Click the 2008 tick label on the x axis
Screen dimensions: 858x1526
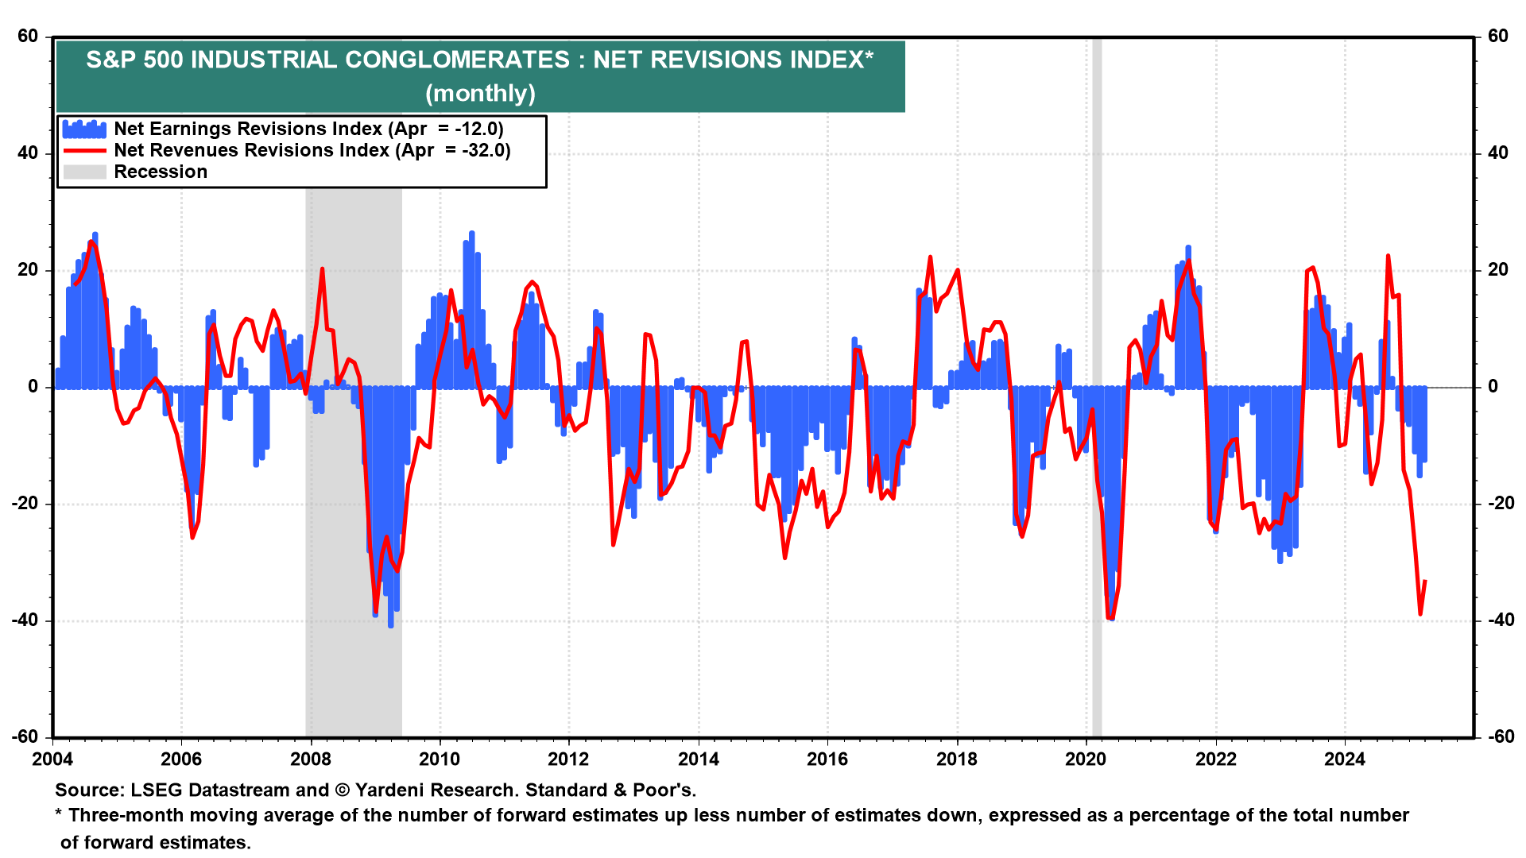pyautogui.click(x=311, y=759)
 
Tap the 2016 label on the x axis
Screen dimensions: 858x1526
pyautogui.click(x=827, y=759)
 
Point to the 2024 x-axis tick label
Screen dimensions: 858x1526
pyautogui.click(x=1345, y=759)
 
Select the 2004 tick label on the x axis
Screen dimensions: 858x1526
pyautogui.click(x=52, y=759)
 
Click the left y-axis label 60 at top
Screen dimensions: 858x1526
pyautogui.click(x=28, y=36)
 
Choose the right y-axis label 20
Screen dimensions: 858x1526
pyautogui.click(x=1498, y=269)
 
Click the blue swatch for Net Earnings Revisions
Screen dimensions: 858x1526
pyautogui.click(x=84, y=129)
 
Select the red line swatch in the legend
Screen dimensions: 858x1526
pyautogui.click(x=84, y=150)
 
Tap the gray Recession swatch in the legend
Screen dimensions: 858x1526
pyautogui.click(x=84, y=172)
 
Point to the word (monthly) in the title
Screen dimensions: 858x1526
pyautogui.click(x=480, y=94)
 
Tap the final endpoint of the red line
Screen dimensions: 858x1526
pyautogui.click(x=1425, y=582)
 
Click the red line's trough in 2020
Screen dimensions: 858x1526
pyautogui.click(x=1110, y=618)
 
